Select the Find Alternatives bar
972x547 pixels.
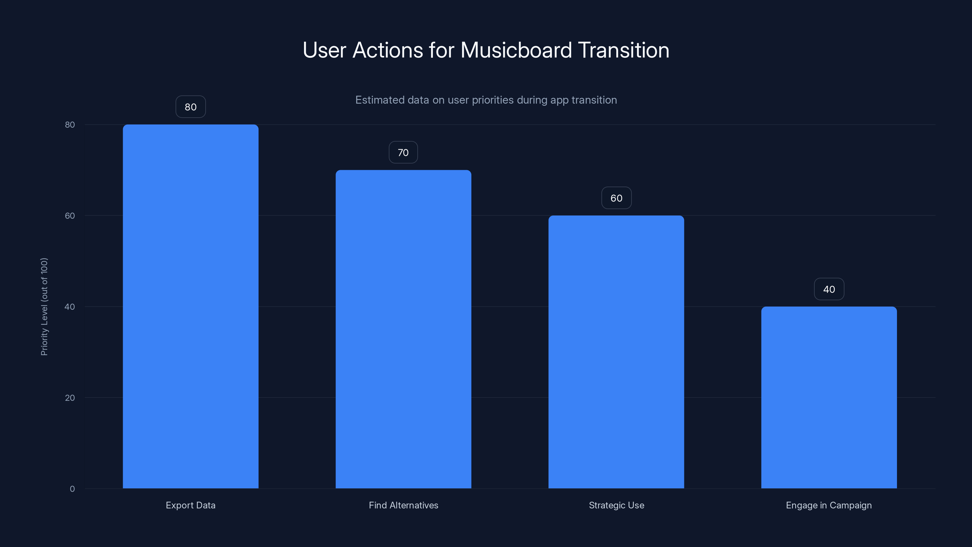(x=403, y=329)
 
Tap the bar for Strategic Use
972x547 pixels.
(x=616, y=352)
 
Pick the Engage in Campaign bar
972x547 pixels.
(x=829, y=397)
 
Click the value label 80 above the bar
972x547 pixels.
(x=190, y=107)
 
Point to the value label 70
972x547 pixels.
(x=403, y=153)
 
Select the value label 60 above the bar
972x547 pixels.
(x=616, y=198)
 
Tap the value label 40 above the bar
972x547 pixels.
(x=829, y=289)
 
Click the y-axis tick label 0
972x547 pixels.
(x=72, y=489)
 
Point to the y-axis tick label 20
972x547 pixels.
(x=70, y=397)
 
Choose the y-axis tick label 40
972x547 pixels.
(x=70, y=307)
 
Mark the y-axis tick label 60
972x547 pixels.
(x=70, y=215)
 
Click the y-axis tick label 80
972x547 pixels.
(x=70, y=125)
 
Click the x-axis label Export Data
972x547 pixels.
(x=190, y=505)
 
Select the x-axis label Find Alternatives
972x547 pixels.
(x=403, y=505)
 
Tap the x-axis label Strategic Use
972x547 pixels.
(x=616, y=505)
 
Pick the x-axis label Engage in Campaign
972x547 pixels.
(x=829, y=505)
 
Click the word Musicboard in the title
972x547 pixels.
(x=516, y=50)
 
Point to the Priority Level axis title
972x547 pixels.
(x=44, y=307)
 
